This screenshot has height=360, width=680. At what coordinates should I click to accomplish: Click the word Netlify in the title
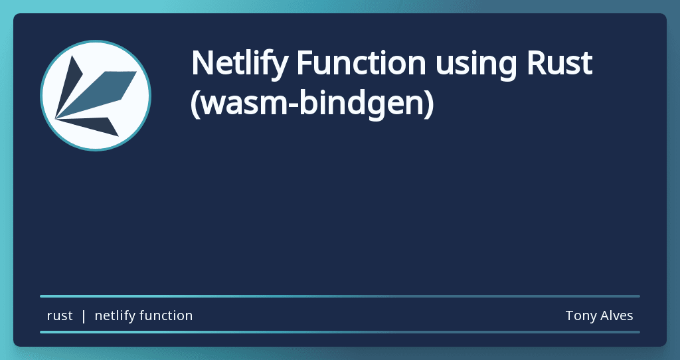tap(238, 64)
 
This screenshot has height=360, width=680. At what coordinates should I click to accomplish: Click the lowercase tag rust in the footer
tap(60, 316)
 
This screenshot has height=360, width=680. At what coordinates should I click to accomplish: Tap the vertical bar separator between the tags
tap(84, 316)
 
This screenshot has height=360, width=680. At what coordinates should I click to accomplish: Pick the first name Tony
tap(579, 316)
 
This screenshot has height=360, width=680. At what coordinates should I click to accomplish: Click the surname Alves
tap(616, 316)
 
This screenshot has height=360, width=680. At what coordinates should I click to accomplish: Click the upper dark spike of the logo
tap(70, 83)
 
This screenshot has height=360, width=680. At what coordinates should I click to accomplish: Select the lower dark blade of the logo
tap(93, 124)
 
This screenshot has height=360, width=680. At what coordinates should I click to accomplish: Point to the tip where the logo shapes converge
tap(56, 119)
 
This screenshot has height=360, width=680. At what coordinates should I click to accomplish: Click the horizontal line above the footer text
tap(340, 296)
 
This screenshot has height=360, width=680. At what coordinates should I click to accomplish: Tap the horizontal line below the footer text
tap(340, 331)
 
